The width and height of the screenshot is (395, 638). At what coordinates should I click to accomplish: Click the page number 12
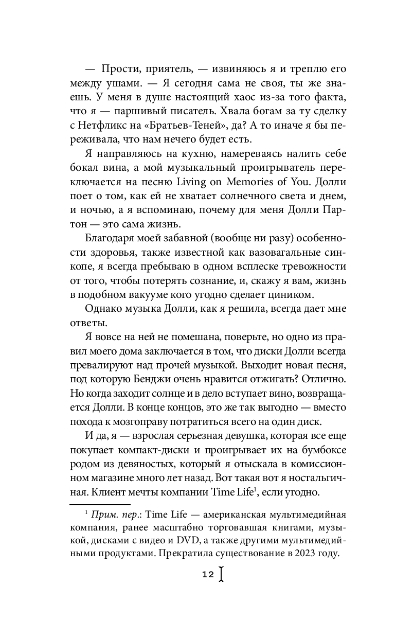[208, 575]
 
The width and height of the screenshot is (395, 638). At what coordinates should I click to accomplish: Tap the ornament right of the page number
[221, 574]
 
